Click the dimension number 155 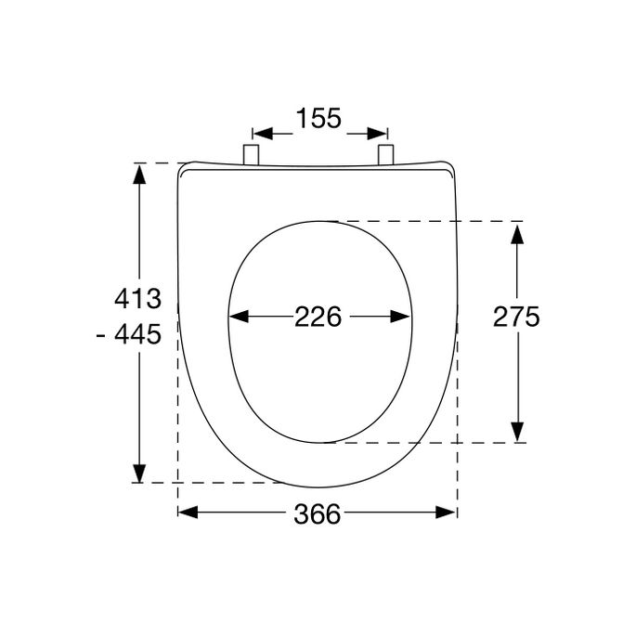click(x=318, y=119)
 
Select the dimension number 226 click(x=318, y=318)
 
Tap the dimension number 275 click(x=515, y=318)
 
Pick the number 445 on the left click(x=144, y=333)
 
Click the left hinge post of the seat click(x=251, y=155)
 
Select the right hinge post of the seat click(x=386, y=155)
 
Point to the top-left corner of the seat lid click(x=181, y=167)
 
